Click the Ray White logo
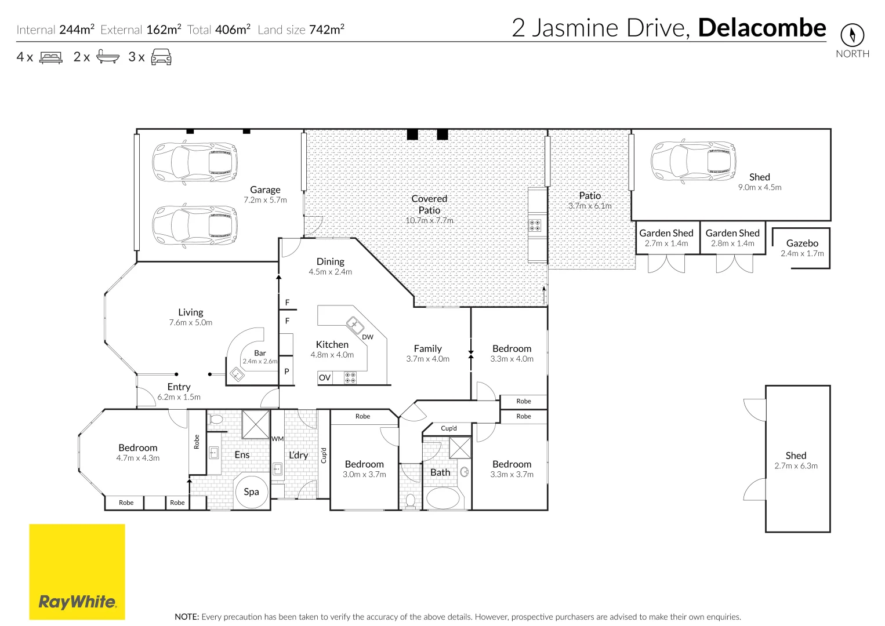[x=77, y=572]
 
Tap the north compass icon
[x=852, y=35]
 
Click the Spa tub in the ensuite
[x=251, y=492]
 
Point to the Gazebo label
[x=802, y=243]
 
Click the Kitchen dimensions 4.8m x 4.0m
[x=332, y=355]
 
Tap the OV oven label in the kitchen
[x=325, y=378]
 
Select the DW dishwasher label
[x=368, y=337]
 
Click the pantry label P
[x=286, y=372]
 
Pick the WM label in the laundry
[x=278, y=439]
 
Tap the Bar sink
[x=237, y=374]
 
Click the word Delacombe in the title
[x=761, y=28]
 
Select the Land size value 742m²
[x=327, y=30]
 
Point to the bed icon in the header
[x=51, y=57]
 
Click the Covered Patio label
[x=429, y=204]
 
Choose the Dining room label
[x=330, y=261]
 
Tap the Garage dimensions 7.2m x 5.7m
[x=265, y=200]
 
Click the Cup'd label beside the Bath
[x=449, y=428]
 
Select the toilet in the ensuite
[x=216, y=419]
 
